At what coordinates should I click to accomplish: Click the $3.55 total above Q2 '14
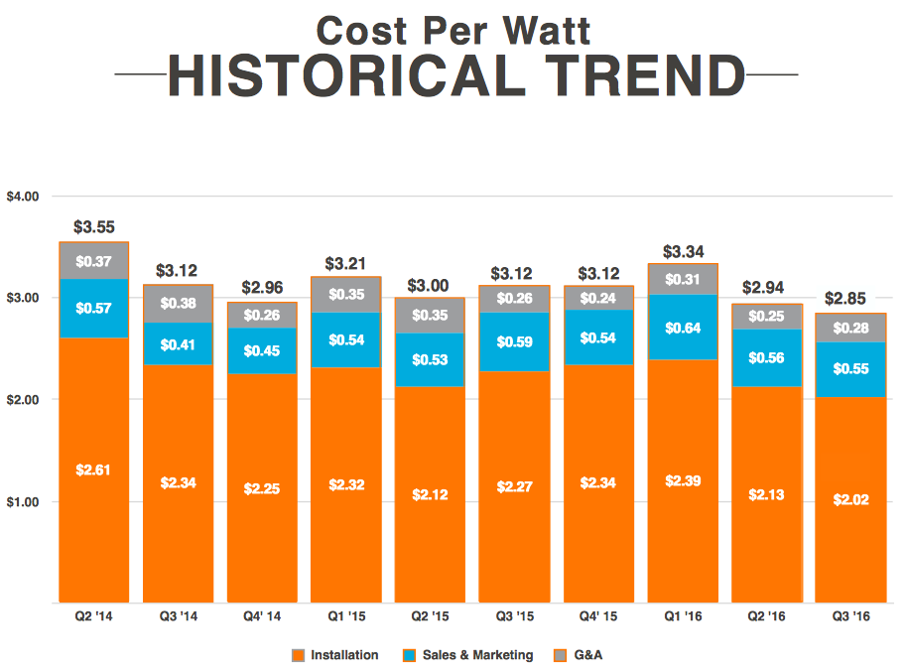point(93,227)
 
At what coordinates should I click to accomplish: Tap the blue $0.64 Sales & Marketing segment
point(682,327)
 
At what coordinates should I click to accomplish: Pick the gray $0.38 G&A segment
point(178,304)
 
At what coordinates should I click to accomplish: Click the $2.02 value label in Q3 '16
point(849,499)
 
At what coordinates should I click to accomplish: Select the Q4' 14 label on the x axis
point(261,616)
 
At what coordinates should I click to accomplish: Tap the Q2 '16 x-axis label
point(765,616)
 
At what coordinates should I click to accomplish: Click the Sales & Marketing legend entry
point(477,655)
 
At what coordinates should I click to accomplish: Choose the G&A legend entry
point(584,655)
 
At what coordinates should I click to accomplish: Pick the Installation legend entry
point(343,655)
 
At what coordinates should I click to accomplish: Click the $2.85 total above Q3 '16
point(849,299)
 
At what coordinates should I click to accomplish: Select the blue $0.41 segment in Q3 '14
point(178,343)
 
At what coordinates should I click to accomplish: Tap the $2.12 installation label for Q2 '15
point(430,493)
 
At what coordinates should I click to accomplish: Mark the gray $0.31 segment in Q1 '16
point(682,280)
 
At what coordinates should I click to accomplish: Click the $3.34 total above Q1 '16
point(682,251)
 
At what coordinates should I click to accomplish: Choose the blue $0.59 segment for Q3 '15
point(514,342)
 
